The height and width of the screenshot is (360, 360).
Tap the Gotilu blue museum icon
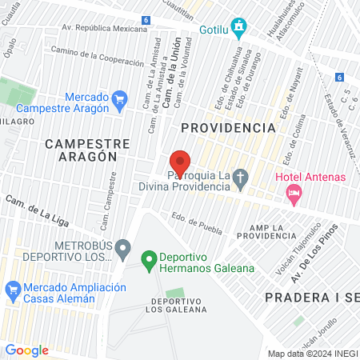238,28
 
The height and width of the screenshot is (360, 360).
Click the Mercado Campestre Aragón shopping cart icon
120,99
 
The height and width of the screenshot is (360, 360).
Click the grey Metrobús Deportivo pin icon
122,250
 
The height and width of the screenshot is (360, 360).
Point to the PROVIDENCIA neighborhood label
228,127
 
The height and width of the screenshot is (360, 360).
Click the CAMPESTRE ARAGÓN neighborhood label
81,150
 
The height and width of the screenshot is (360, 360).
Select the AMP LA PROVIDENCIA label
266,231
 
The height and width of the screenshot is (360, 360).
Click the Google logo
27,350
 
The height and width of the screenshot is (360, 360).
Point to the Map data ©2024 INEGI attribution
312,354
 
